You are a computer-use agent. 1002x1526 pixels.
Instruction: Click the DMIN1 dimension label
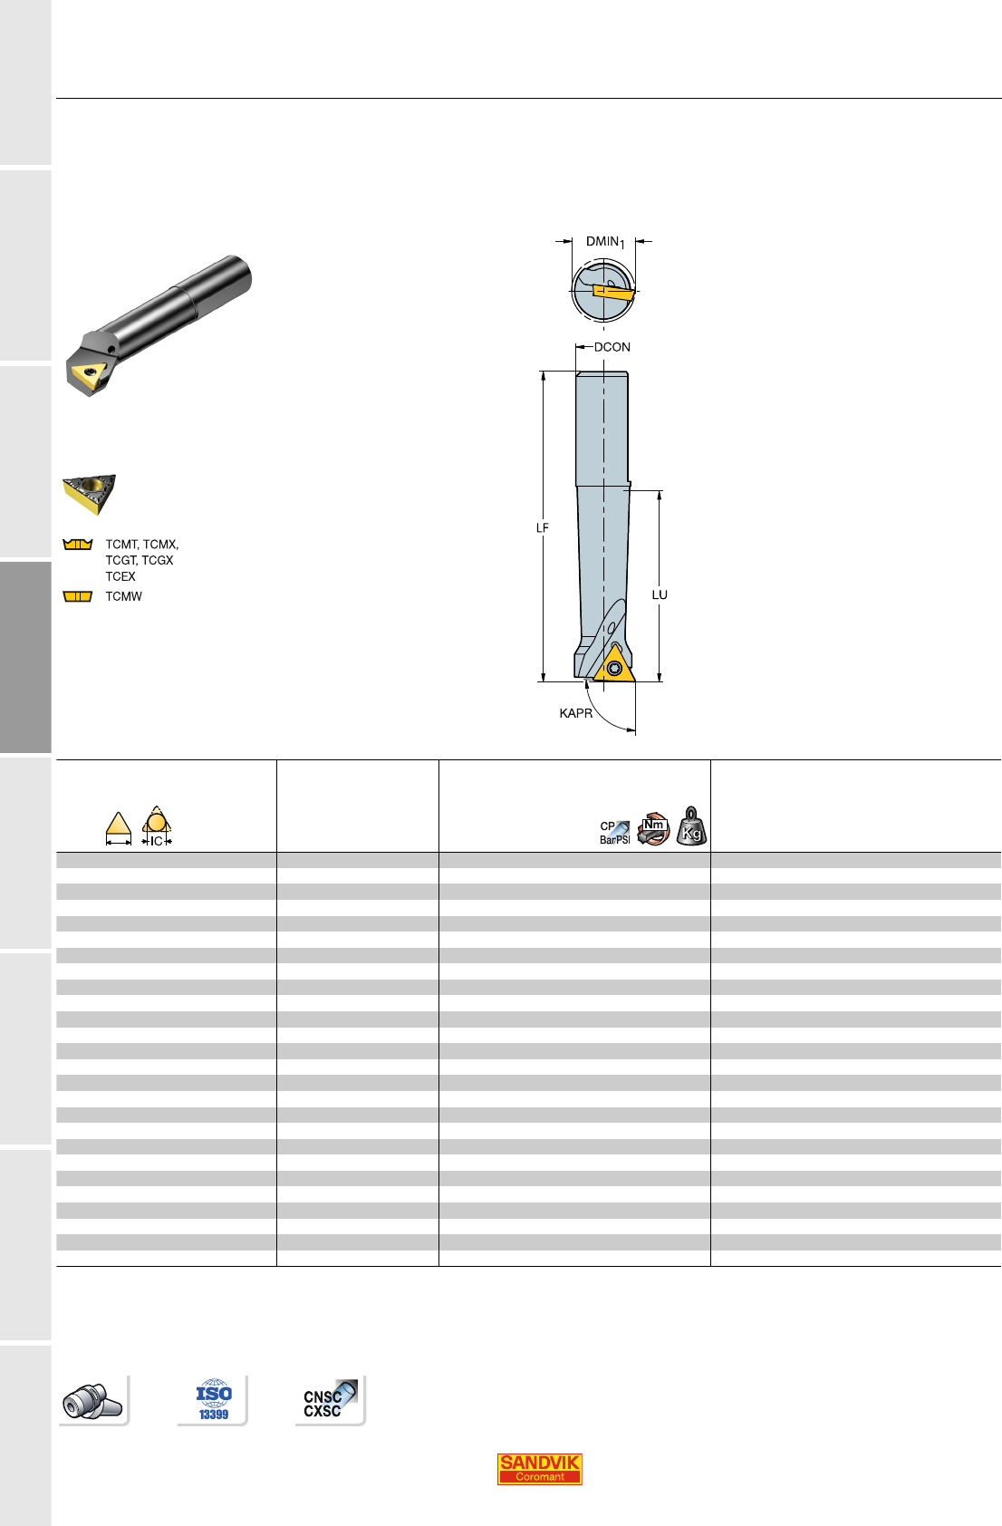605,242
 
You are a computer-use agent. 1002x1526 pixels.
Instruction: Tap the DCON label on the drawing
612,347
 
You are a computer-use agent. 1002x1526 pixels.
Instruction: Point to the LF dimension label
542,527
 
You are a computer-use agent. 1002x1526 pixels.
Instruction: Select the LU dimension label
660,594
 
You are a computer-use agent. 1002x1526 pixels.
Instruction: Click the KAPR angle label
575,713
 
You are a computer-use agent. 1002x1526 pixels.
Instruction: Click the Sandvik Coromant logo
539,1469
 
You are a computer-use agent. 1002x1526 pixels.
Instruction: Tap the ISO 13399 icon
214,1400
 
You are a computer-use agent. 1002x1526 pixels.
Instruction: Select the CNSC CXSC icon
331,1400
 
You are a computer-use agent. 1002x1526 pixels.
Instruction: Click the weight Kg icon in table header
691,826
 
